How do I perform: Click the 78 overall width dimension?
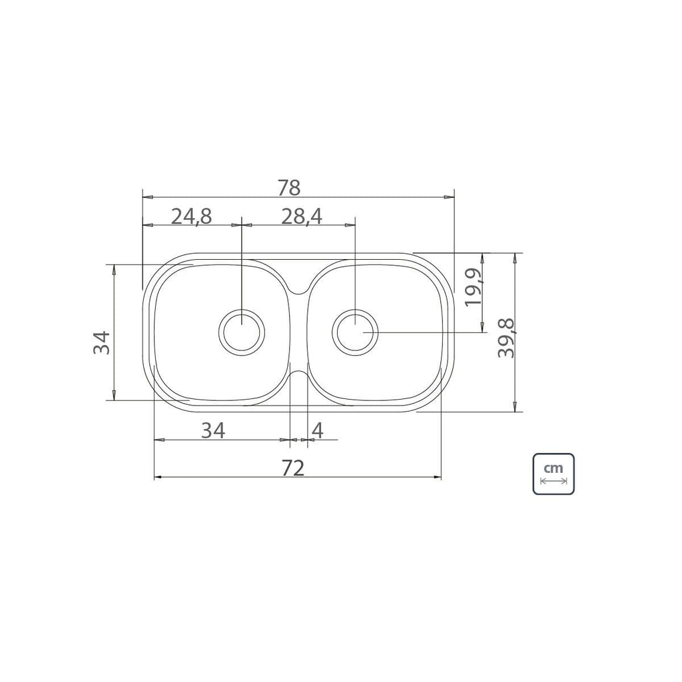point(289,188)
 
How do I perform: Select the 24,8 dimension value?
point(191,216)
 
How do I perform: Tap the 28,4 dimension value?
point(302,216)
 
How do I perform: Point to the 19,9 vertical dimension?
point(473,287)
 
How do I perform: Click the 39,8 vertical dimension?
point(506,338)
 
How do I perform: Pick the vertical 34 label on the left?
point(101,343)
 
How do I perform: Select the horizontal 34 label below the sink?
point(213,431)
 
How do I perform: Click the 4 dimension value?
point(318,431)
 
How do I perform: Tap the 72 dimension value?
point(293,468)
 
